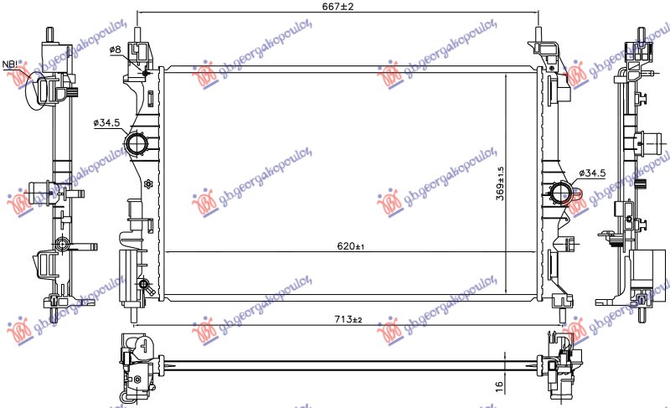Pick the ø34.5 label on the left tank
point(107,122)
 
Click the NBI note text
point(10,65)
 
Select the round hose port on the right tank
point(559,195)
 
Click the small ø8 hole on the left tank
point(146,74)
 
